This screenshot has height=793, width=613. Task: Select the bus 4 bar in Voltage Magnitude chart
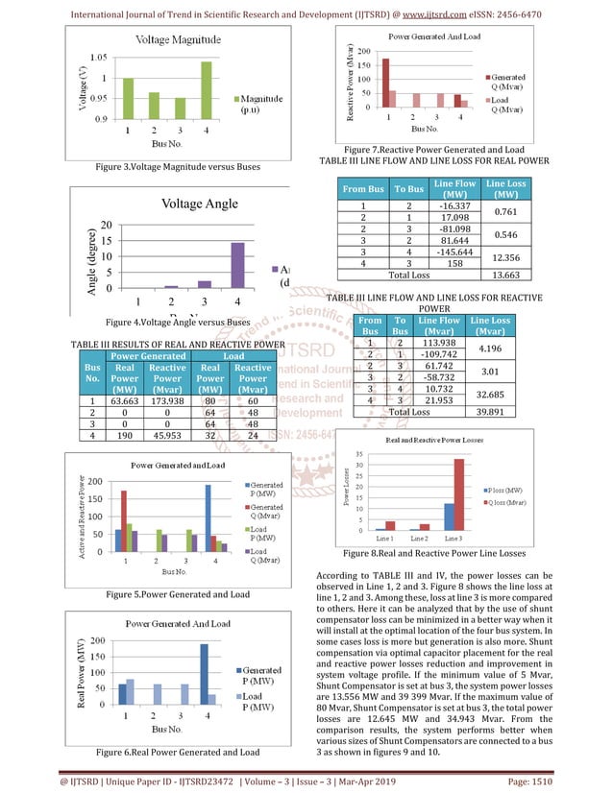[x=205, y=90]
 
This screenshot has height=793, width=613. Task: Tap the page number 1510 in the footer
[x=569, y=782]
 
